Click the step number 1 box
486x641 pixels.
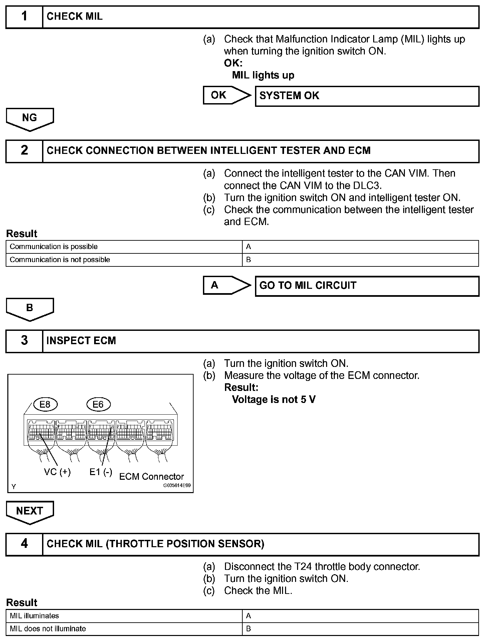coord(24,16)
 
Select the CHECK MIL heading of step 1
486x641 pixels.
coord(74,16)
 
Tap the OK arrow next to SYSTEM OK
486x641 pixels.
coord(226,95)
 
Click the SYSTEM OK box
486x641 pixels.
coord(367,96)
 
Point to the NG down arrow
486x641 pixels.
coord(30,119)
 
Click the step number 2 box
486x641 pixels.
coord(24,151)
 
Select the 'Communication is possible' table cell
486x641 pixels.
coord(124,247)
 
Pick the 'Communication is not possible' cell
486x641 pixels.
coord(124,260)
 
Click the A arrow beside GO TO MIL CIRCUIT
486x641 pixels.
coord(226,285)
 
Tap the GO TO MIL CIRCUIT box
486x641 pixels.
coord(367,286)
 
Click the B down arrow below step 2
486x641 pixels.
coord(30,308)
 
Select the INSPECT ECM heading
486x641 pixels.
coord(81,341)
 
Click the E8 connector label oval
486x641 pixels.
coord(45,405)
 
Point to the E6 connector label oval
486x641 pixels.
coord(98,405)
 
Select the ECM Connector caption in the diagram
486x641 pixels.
coord(152,476)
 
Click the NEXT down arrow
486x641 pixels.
coord(30,511)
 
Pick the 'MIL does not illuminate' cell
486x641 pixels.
coord(124,629)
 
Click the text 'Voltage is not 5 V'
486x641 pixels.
coord(274,400)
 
